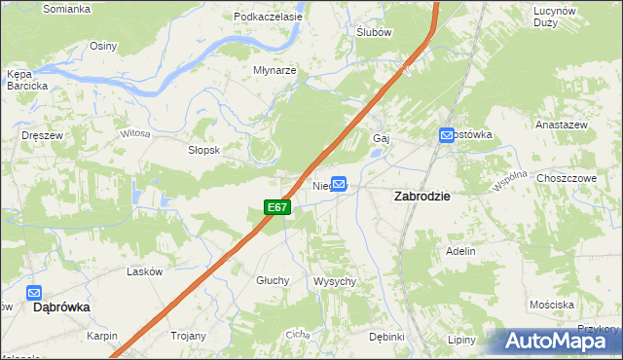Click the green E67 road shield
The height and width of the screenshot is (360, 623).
[277, 207]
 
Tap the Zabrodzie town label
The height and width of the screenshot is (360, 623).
[421, 196]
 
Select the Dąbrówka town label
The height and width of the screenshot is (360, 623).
[61, 306]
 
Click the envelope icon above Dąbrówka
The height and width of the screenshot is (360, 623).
[34, 292]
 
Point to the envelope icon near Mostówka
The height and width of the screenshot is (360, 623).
[446, 135]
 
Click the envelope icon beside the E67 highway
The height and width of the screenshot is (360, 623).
[339, 182]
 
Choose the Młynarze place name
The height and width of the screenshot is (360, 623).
[275, 71]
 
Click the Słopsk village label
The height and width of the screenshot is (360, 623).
[205, 151]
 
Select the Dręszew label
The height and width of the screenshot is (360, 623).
[43, 136]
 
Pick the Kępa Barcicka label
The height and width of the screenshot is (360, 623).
[26, 80]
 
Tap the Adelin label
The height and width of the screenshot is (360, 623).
[460, 251]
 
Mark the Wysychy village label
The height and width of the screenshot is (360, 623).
[335, 281]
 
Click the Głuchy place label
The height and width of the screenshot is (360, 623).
[274, 280]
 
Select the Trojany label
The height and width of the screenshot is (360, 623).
[189, 337]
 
